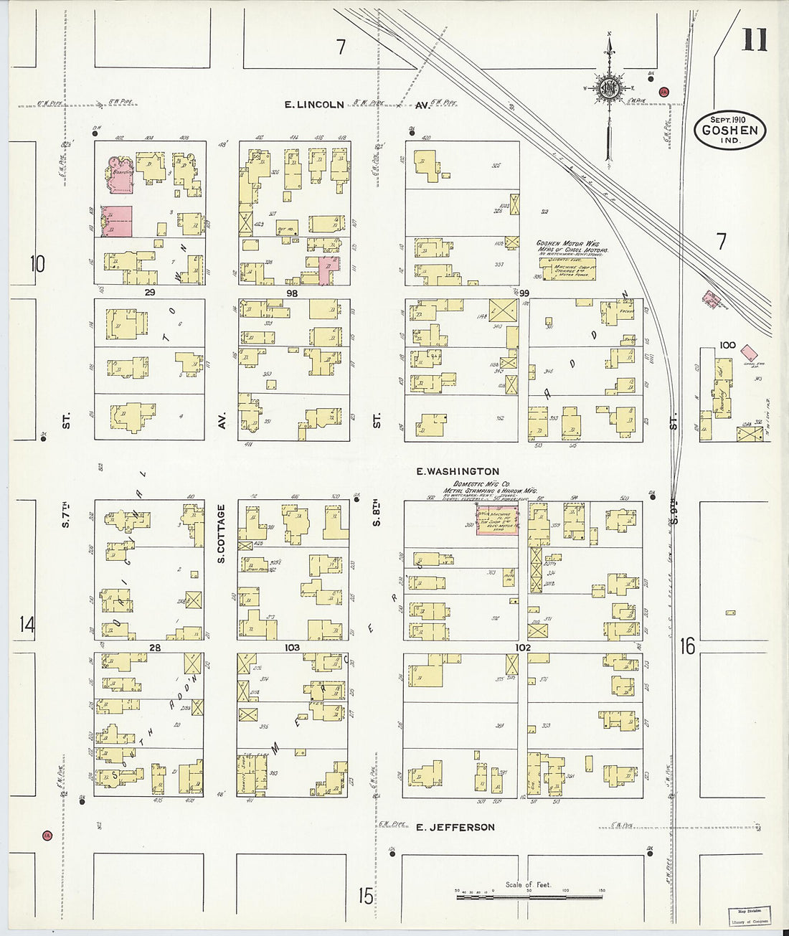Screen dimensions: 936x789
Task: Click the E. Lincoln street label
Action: point(314,105)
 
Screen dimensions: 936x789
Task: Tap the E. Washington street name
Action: point(458,471)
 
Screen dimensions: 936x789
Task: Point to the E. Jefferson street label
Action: point(455,827)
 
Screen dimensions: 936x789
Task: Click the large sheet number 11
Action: point(754,39)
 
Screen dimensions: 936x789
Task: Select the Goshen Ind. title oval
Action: point(729,131)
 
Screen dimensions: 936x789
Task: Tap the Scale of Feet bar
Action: point(529,897)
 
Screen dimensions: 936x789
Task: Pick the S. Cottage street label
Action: point(222,533)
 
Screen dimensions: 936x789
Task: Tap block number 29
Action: point(149,293)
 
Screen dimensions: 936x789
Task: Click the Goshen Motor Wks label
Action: point(571,244)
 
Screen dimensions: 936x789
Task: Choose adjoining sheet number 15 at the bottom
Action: point(366,896)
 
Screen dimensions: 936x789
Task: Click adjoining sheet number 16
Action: point(687,646)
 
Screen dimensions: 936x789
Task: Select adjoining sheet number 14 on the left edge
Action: point(27,624)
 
